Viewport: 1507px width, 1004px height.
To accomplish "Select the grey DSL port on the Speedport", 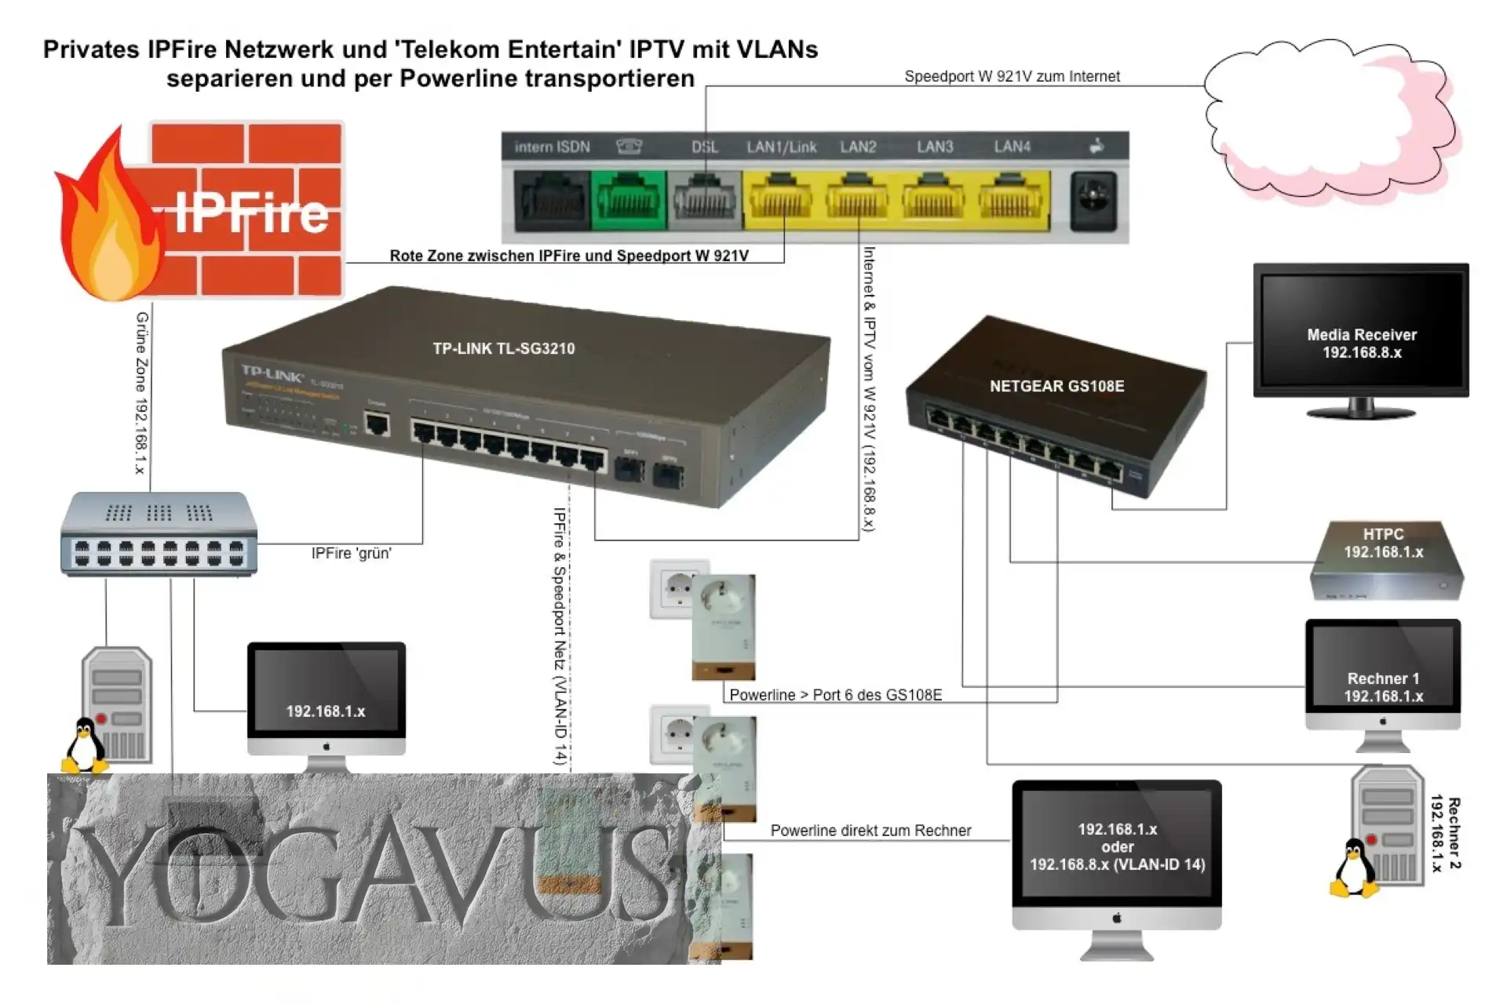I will (x=704, y=201).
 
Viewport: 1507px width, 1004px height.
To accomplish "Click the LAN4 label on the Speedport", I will (x=1012, y=147).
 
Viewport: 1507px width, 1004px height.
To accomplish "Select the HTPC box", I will (x=1386, y=560).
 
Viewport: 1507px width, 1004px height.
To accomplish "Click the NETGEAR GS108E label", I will (x=1056, y=386).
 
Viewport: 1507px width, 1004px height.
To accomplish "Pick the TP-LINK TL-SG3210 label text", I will (x=504, y=348).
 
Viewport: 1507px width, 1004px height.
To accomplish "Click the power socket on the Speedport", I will (x=1093, y=201).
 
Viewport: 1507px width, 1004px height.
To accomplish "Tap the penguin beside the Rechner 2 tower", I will (x=1353, y=868).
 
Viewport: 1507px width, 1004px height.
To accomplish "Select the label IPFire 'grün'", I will (x=351, y=554).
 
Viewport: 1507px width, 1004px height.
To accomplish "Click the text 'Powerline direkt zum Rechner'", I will (x=870, y=831).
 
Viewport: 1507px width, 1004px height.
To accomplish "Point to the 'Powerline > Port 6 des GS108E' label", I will (x=835, y=695).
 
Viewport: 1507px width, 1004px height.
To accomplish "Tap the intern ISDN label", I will (x=552, y=147).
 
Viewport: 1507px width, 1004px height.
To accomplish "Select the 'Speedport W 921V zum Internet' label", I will (x=1012, y=76).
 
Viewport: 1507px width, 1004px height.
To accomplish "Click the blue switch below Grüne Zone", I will (x=159, y=534).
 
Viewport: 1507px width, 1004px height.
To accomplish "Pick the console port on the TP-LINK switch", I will (x=378, y=425).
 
